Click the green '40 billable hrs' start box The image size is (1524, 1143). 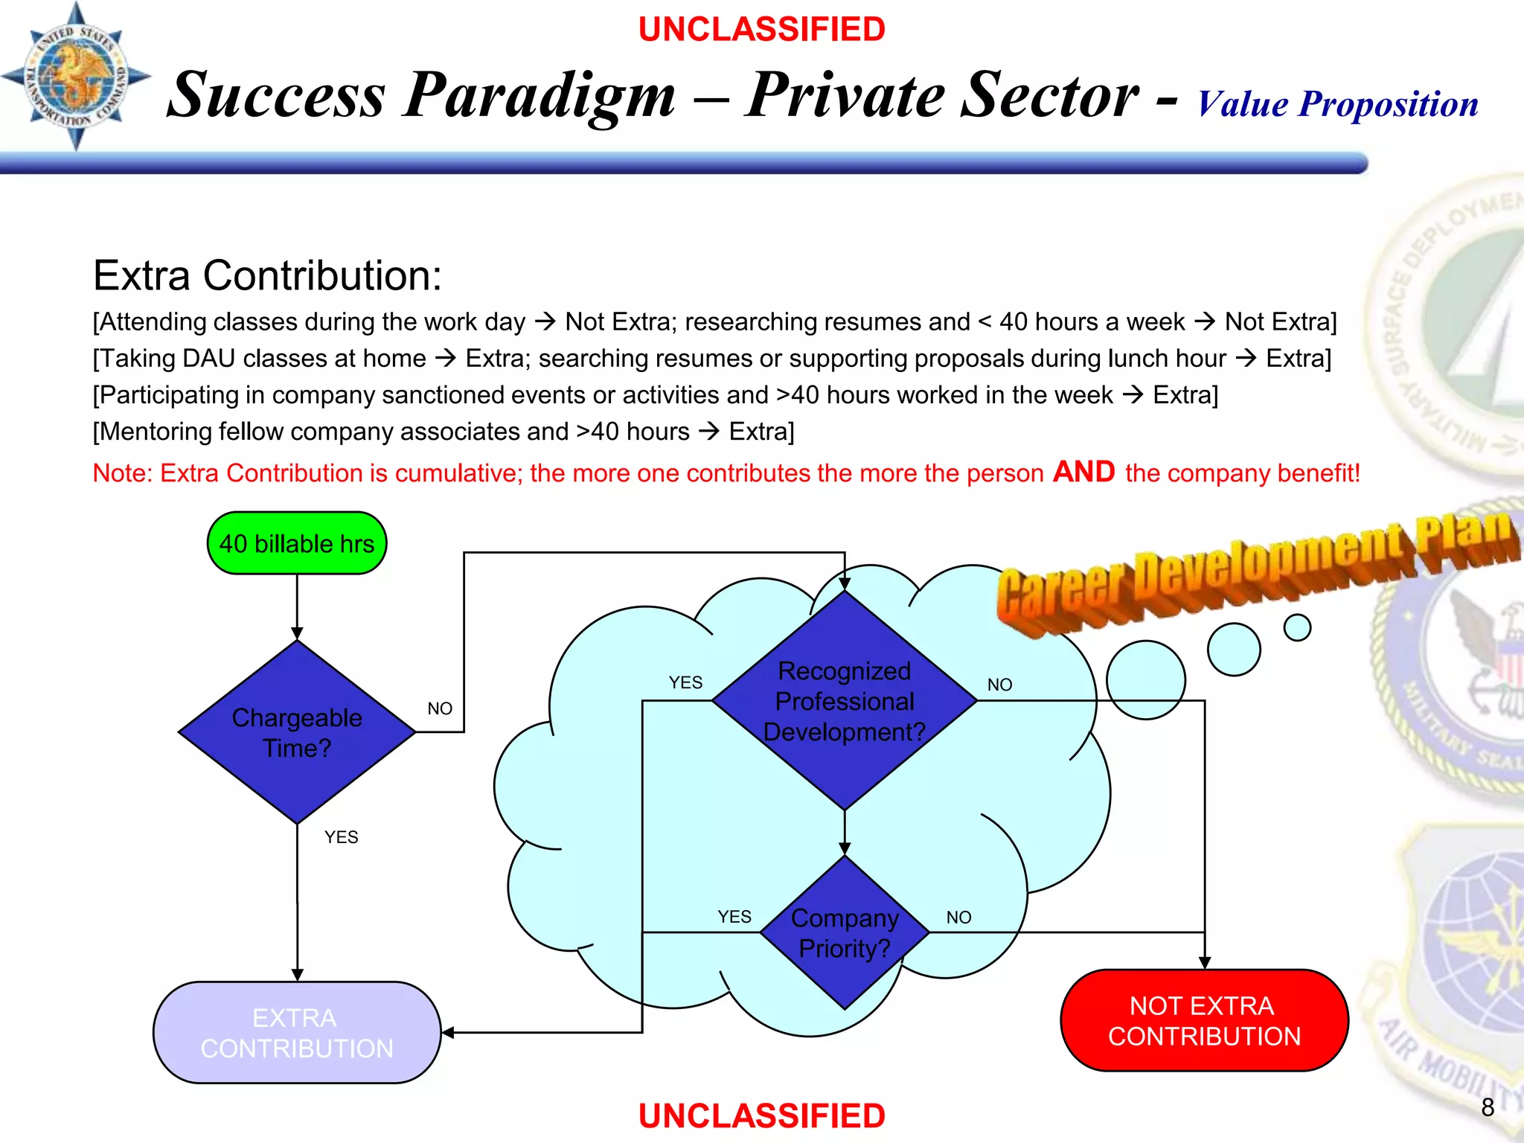click(296, 543)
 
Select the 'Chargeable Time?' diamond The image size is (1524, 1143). click(296, 732)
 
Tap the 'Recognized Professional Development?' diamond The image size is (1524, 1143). click(844, 701)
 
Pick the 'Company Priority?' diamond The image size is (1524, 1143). click(844, 932)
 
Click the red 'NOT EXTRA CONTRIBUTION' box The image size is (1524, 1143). click(1203, 1020)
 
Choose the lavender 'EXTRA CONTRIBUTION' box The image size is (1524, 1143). click(296, 1032)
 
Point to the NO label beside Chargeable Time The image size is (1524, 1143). click(440, 708)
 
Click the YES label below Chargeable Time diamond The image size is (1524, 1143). click(341, 837)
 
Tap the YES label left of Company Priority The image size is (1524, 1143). click(734, 917)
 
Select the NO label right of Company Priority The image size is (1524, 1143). click(958, 918)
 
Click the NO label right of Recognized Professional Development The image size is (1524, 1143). click(999, 685)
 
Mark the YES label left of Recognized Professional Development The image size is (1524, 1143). click(685, 682)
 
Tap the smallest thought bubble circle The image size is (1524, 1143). click(1297, 627)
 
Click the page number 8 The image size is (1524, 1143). click(1487, 1107)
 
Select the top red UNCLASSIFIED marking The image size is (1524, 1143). click(761, 30)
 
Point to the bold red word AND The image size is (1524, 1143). click(1083, 472)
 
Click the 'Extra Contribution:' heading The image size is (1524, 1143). click(267, 275)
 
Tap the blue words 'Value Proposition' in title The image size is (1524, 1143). click(1337, 103)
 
